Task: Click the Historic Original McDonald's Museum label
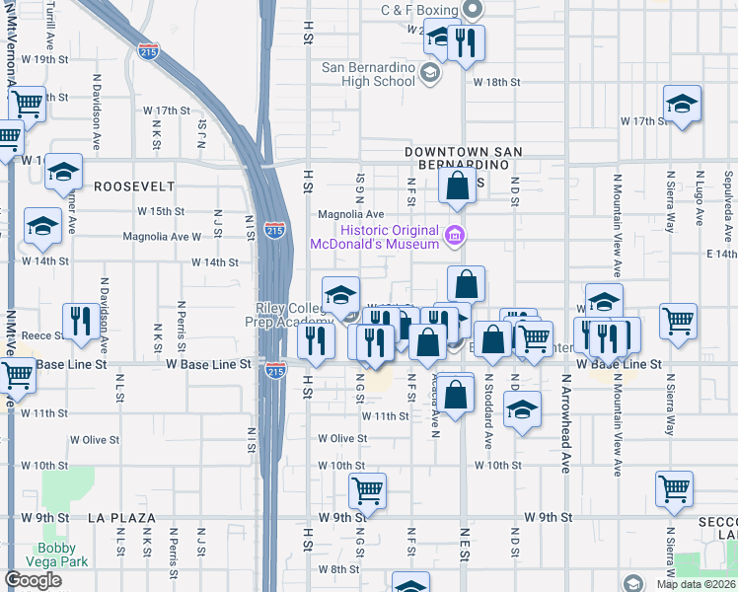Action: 375,236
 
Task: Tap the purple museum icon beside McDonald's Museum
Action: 455,235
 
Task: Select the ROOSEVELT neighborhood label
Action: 134,185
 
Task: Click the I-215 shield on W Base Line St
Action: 275,371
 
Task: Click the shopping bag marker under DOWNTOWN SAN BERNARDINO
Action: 457,185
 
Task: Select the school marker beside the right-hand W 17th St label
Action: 682,104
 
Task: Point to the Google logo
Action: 33,580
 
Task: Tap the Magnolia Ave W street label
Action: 162,237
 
